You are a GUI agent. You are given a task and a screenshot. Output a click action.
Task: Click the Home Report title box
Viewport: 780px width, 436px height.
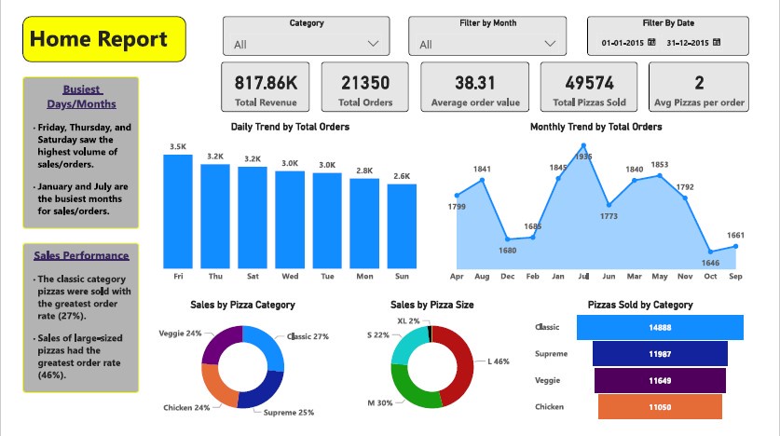[x=104, y=39]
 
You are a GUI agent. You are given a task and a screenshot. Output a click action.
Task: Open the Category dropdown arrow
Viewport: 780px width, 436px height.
[x=375, y=44]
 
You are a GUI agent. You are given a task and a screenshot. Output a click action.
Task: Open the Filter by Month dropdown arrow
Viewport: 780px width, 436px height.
[x=553, y=44]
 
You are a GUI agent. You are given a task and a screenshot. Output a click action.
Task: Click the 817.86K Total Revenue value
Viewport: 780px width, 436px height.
[x=264, y=83]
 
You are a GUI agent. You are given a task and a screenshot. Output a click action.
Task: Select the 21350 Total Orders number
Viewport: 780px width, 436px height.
[x=364, y=83]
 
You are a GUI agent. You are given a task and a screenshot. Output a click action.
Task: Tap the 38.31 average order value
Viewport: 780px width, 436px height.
[x=475, y=83]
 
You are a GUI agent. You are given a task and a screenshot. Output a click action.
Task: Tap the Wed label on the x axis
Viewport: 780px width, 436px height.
[x=290, y=277]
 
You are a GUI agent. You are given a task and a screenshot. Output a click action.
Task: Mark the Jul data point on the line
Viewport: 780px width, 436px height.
[x=583, y=145]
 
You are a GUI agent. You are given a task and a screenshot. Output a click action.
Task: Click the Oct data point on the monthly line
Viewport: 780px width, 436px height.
[x=711, y=252]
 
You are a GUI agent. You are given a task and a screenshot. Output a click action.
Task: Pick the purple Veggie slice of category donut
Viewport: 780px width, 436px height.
[x=221, y=343]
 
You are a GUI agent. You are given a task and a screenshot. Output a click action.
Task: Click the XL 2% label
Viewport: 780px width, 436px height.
[x=409, y=320]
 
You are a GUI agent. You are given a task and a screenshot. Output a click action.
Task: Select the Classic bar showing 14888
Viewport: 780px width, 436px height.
[x=660, y=328]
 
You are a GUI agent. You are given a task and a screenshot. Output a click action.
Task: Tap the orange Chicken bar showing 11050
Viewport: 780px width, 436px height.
[x=660, y=407]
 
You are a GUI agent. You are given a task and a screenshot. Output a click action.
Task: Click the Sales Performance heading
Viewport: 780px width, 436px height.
[x=81, y=255]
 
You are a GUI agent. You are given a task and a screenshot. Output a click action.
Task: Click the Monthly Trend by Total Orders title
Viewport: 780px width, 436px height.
[x=595, y=127]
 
